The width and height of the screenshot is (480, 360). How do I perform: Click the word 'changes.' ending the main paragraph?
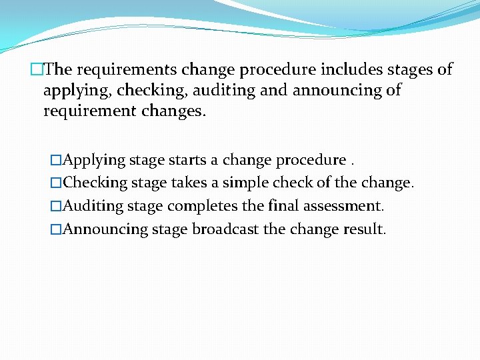pyautogui.click(x=175, y=111)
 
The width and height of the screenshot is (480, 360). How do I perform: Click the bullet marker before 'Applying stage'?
pyautogui.click(x=56, y=161)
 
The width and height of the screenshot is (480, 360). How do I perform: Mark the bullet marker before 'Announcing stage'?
pyautogui.click(x=56, y=229)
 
